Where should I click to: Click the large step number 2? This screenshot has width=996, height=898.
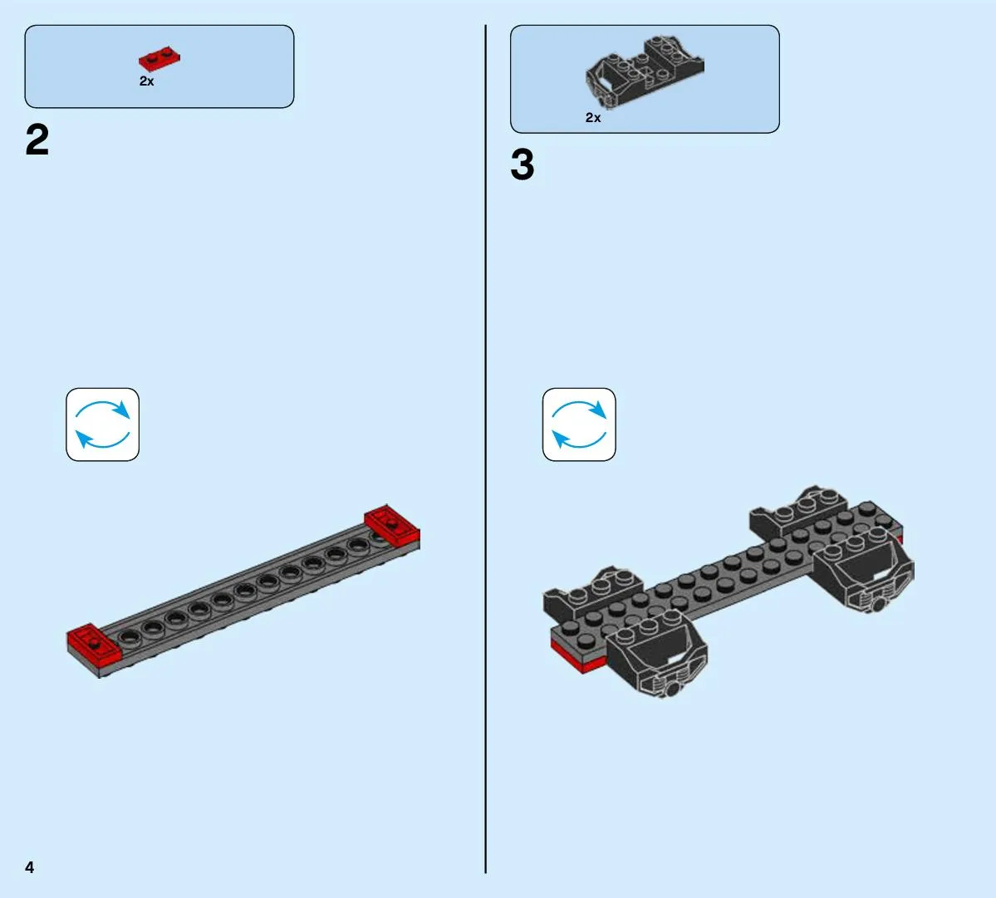click(37, 140)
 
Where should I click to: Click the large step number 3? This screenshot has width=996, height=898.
click(523, 164)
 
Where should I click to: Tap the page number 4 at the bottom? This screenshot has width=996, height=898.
click(29, 867)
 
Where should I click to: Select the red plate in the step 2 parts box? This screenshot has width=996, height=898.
click(159, 58)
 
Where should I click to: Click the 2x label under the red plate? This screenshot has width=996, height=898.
click(147, 81)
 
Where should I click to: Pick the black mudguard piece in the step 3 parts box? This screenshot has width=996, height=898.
click(644, 71)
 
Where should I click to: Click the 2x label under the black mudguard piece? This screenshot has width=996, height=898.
click(592, 117)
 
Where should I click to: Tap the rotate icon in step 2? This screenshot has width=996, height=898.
click(102, 424)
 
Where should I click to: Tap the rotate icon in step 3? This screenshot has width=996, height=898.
click(579, 424)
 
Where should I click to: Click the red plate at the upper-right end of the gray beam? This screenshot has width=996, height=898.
click(392, 526)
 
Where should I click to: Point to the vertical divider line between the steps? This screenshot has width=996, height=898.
click(485, 449)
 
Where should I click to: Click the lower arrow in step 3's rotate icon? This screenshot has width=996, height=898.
click(579, 439)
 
